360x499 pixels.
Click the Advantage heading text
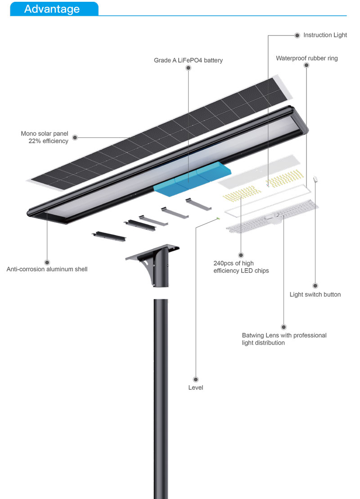(x=52, y=9)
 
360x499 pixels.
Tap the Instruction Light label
(x=325, y=35)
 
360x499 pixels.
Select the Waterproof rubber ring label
(x=306, y=58)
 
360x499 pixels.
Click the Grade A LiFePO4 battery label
(x=188, y=60)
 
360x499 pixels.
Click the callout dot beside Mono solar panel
(x=75, y=137)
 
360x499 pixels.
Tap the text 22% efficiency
(x=48, y=141)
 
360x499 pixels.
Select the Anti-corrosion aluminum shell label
(x=47, y=270)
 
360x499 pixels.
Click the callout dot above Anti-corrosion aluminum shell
(x=47, y=262)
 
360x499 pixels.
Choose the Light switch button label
(x=315, y=295)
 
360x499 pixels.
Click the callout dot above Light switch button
(x=315, y=286)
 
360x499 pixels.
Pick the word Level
(x=196, y=387)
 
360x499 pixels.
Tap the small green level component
(x=218, y=219)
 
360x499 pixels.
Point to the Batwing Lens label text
(x=284, y=336)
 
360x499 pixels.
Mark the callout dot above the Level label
(x=196, y=379)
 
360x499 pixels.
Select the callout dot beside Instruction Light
(x=297, y=35)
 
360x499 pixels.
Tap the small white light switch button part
(x=316, y=179)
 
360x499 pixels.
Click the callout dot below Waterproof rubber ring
(x=306, y=66)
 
